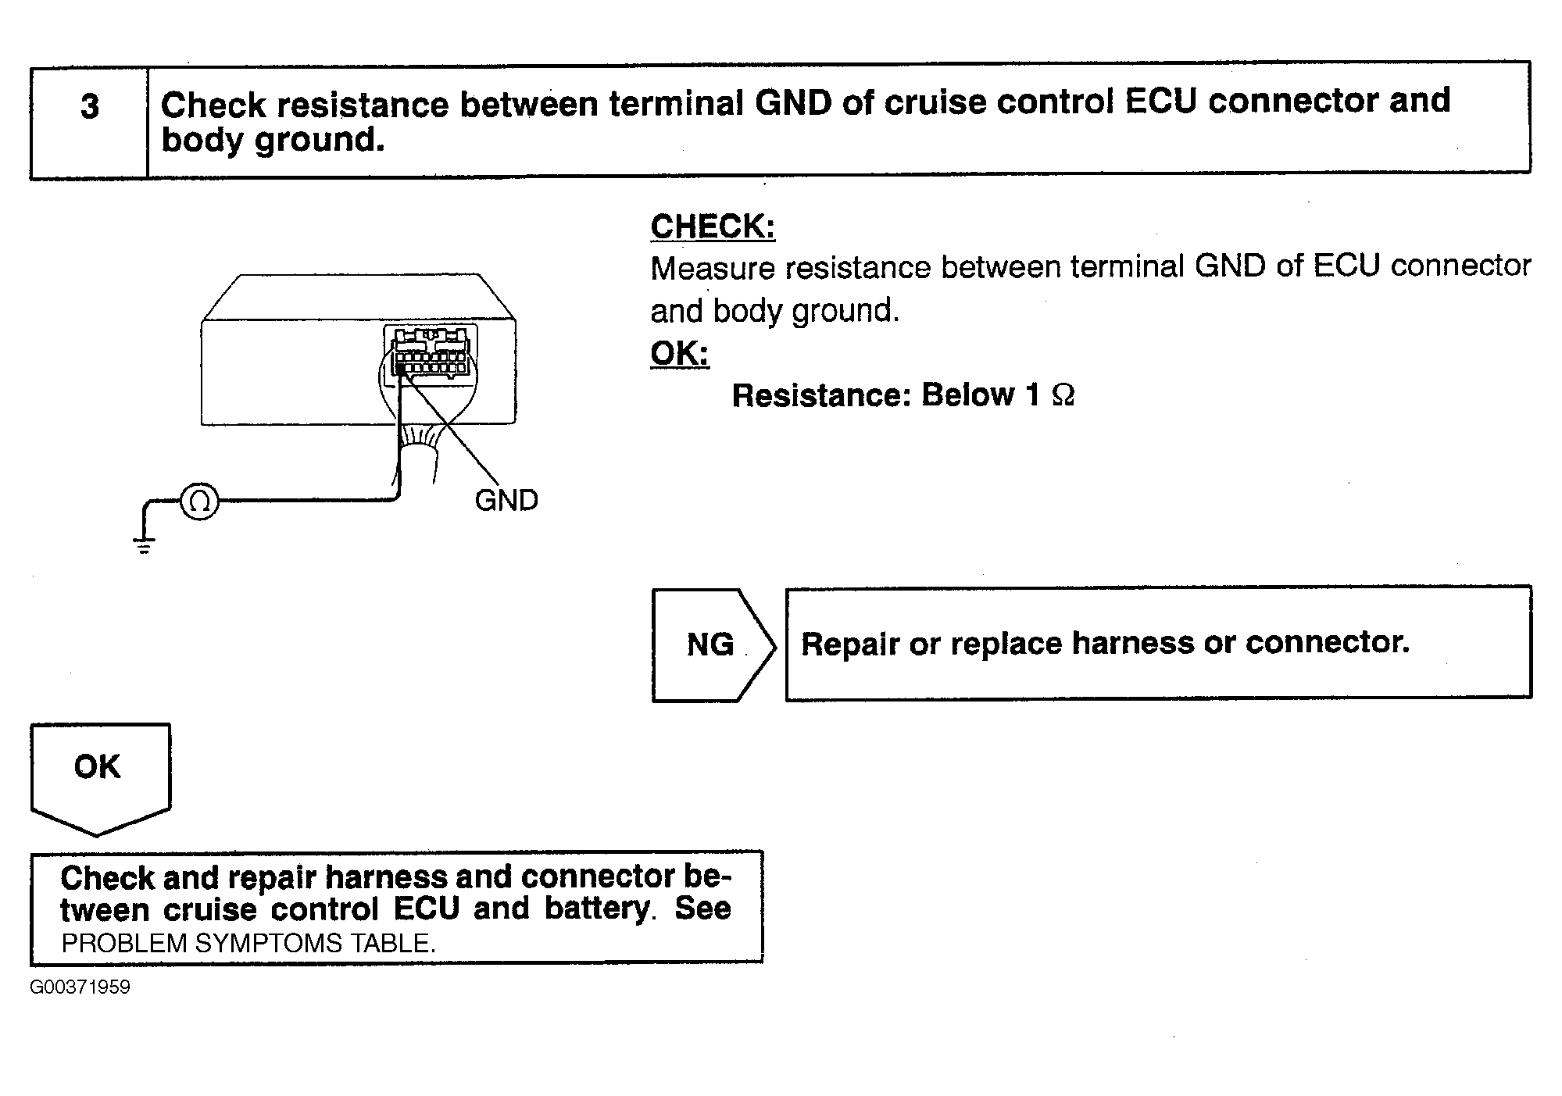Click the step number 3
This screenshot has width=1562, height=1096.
tap(90, 107)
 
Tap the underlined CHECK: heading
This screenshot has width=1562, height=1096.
tap(713, 227)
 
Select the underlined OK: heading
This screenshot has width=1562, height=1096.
tap(680, 353)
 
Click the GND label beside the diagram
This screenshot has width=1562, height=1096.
tap(506, 501)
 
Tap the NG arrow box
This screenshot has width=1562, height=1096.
tap(713, 645)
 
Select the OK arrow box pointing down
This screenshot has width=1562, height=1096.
tap(100, 780)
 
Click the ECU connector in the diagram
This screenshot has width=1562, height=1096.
tap(431, 355)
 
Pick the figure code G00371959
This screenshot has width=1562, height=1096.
tap(80, 987)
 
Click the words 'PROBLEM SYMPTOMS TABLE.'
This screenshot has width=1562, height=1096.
tap(248, 944)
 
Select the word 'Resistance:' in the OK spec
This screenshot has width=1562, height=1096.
tap(821, 395)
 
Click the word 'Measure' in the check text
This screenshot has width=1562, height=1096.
tap(713, 269)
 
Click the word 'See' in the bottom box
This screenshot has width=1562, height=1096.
tap(703, 909)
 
